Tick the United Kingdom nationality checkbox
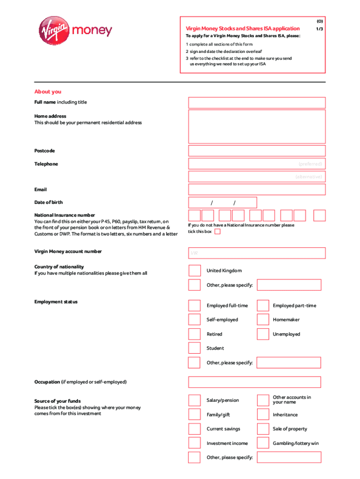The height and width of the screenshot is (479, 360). coord(194,271)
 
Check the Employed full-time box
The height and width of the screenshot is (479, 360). coord(194,306)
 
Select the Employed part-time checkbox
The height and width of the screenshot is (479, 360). coord(263,306)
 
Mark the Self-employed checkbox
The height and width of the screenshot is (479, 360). coord(194,320)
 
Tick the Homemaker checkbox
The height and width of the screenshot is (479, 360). coord(263,320)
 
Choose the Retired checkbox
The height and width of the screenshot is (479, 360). coord(194,334)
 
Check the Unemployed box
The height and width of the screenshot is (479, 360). coord(263,334)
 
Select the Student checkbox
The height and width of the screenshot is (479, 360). coord(194,348)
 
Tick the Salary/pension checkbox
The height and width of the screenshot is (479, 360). coord(194,400)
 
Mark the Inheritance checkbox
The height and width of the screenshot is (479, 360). coord(263,414)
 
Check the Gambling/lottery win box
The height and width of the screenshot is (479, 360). coord(263,443)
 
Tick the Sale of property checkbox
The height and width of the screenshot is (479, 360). coord(263,429)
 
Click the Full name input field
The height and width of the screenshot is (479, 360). coord(257,103)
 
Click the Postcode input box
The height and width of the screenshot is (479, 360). coord(257,151)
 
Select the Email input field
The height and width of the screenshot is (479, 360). coord(257,189)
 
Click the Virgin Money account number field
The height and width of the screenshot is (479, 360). coord(257,253)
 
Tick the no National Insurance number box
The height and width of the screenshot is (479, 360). coord(217,232)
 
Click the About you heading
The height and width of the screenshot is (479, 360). coord(48,92)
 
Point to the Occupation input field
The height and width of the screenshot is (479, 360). coord(254,382)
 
